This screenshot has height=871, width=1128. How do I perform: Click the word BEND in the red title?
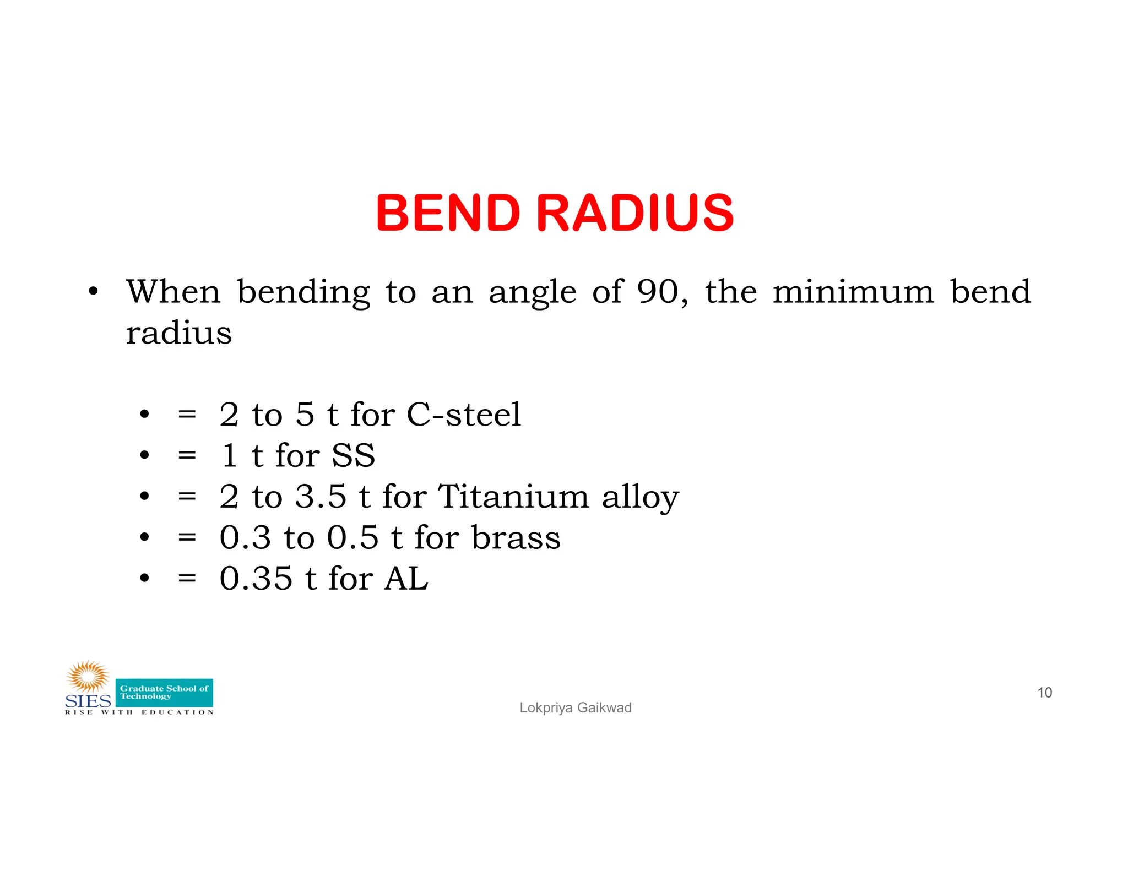448,213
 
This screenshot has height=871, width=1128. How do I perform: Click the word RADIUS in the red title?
634,213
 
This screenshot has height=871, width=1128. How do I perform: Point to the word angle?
532,293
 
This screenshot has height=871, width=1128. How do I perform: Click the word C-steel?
463,414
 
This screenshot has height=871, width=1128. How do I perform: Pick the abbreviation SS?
353,455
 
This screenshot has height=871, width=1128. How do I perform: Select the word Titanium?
513,496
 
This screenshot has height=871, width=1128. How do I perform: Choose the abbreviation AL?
406,578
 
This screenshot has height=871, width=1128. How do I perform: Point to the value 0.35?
256,578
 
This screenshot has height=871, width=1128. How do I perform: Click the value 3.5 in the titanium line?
321,496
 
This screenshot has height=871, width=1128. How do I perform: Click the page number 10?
1044,693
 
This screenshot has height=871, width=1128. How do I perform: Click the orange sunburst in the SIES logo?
88,677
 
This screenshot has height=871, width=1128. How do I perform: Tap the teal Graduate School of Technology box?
164,693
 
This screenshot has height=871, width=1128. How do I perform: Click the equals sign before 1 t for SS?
187,455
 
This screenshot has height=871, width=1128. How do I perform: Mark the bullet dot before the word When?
93,292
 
